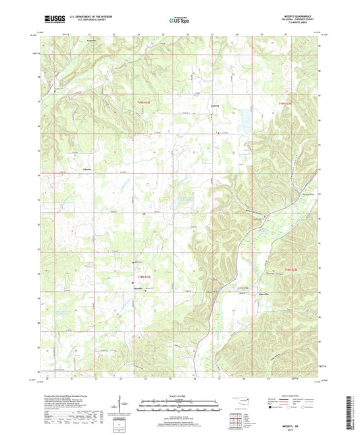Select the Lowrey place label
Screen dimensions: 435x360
pyautogui.click(x=215, y=107)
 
